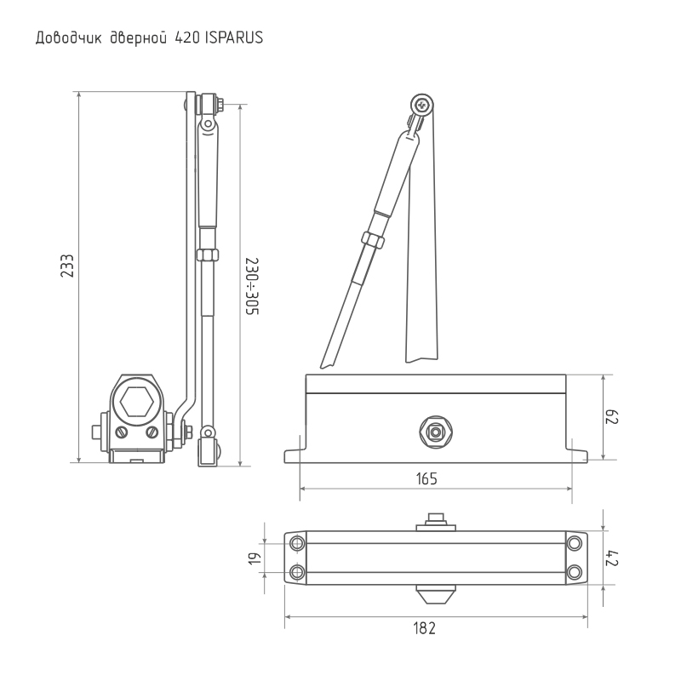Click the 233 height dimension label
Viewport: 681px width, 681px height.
[x=67, y=266]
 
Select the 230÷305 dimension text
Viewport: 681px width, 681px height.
[x=252, y=287]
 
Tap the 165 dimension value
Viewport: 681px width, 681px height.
[x=426, y=478]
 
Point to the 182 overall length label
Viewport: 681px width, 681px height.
[x=424, y=628]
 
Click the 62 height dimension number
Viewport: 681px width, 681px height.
[x=612, y=416]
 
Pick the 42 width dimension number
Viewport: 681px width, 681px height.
[x=612, y=558]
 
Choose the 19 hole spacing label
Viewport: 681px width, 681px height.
[x=255, y=558]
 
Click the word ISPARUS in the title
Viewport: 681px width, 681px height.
[x=233, y=37]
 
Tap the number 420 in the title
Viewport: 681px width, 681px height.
[x=187, y=37]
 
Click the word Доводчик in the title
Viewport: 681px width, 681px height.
[x=69, y=38]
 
